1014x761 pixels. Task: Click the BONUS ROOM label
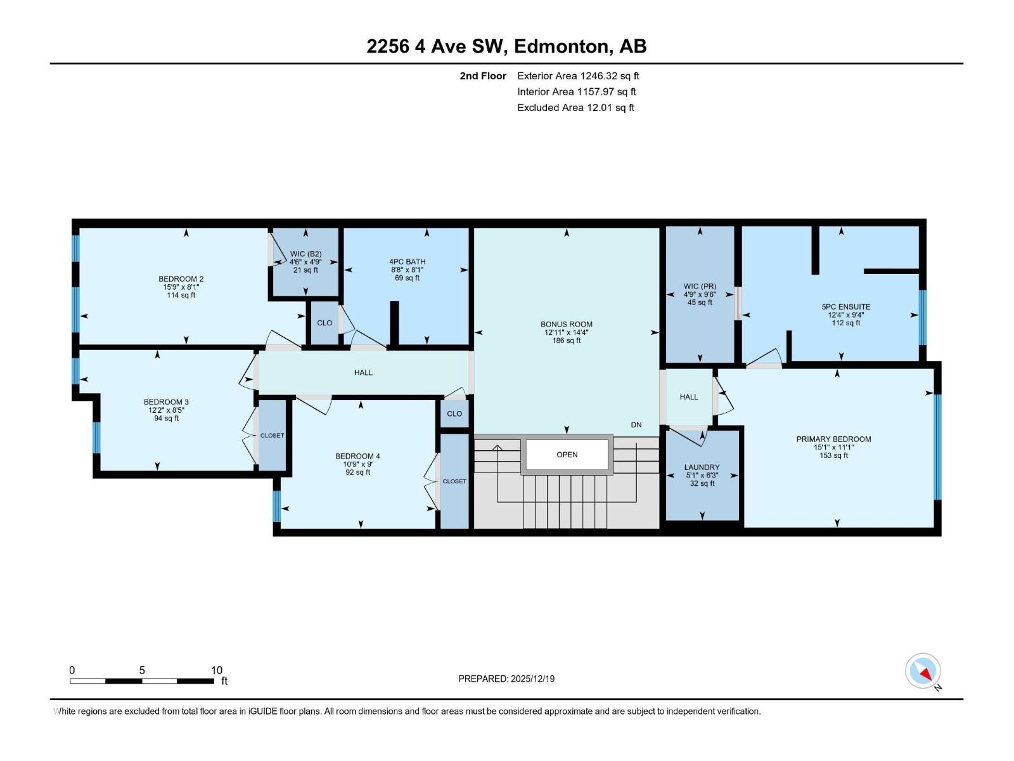click(567, 324)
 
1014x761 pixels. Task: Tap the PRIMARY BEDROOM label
click(833, 439)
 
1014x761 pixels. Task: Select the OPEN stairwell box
click(567, 455)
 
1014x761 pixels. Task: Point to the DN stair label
click(636, 425)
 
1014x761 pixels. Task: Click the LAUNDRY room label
click(702, 467)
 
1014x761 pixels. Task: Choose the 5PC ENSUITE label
click(846, 307)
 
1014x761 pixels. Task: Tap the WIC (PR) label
click(700, 287)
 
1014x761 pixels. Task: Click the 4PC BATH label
click(407, 261)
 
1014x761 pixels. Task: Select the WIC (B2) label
click(305, 254)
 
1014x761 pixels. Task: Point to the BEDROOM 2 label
click(181, 279)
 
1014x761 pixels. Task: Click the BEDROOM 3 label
click(166, 402)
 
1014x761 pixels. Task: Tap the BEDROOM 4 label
click(357, 456)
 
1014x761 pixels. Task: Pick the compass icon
click(923, 671)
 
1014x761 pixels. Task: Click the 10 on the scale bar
click(217, 670)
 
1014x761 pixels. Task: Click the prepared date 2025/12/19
click(532, 679)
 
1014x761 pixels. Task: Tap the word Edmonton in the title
click(562, 46)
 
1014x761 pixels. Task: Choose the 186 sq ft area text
click(567, 341)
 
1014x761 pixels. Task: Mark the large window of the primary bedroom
click(937, 447)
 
